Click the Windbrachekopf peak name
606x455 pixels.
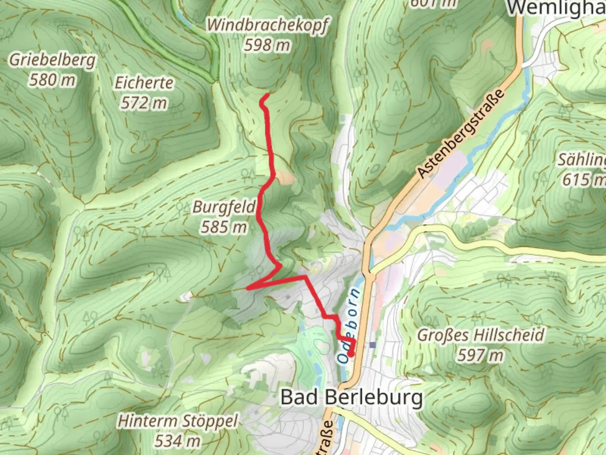tap(267, 25)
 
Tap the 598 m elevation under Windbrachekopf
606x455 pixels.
tap(267, 44)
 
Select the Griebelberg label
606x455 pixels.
tap(52, 60)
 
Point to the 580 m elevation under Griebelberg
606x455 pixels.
tap(52, 79)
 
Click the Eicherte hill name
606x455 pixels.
tap(144, 83)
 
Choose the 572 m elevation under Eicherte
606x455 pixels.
tap(144, 102)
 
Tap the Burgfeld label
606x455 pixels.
tap(224, 207)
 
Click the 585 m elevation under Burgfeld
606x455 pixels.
tap(224, 227)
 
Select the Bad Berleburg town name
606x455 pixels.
tap(351, 397)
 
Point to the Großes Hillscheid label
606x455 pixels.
tap(481, 335)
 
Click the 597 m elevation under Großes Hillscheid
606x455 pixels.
tap(481, 355)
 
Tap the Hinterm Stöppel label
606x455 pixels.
tap(178, 421)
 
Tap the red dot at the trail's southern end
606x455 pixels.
tap(351, 354)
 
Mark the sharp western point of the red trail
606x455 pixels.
tap(248, 288)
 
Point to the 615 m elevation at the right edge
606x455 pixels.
tap(583, 180)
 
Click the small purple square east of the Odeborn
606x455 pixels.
tap(372, 345)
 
